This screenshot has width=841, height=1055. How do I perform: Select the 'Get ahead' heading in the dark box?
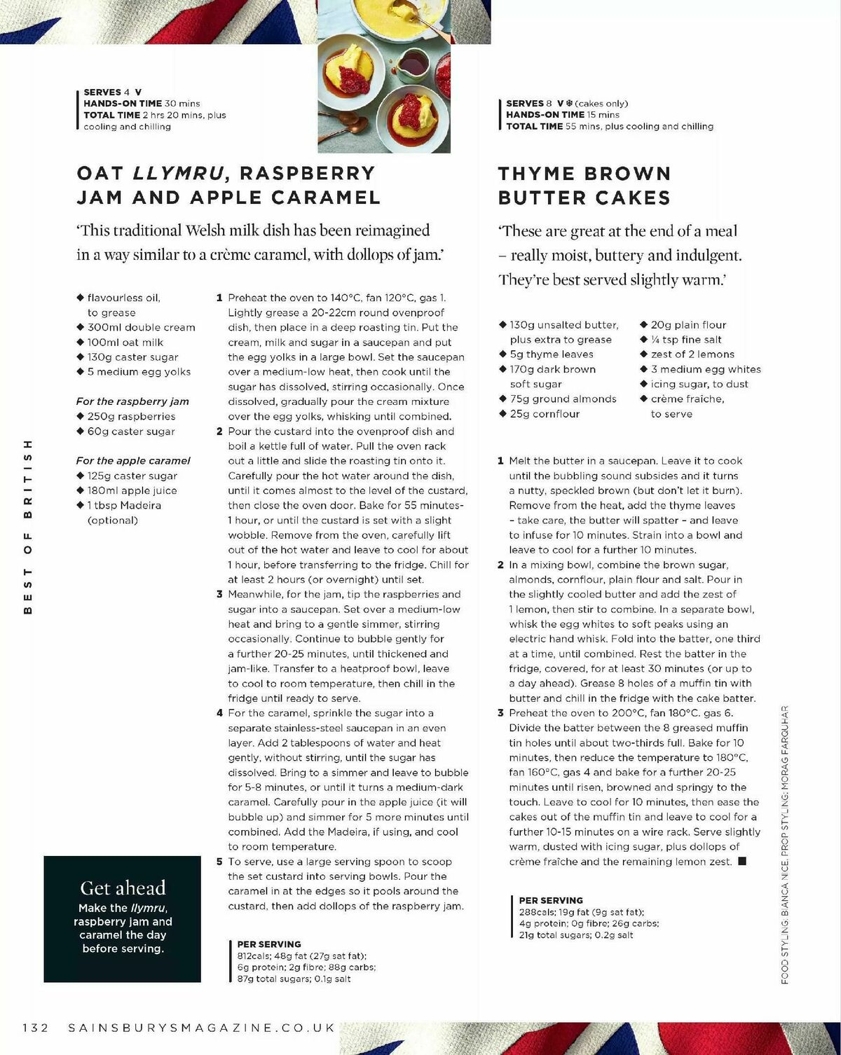[x=123, y=888]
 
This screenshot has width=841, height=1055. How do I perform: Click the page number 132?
[x=36, y=1028]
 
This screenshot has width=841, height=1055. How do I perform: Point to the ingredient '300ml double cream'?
[x=141, y=327]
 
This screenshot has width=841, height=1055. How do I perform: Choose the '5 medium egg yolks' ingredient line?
[x=139, y=372]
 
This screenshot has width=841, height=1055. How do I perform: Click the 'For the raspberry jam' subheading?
[x=132, y=401]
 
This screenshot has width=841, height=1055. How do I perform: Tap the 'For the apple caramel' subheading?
[x=133, y=460]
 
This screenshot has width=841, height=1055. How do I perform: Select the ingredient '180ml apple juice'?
[x=132, y=490]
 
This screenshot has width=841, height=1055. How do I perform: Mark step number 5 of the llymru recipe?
[x=219, y=862]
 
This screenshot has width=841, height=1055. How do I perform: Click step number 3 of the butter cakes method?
[x=500, y=713]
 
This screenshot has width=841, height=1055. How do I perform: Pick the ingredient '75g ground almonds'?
[x=563, y=399]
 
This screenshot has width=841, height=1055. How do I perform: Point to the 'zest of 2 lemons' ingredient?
[x=692, y=354]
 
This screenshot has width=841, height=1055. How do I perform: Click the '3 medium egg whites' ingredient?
[x=705, y=369]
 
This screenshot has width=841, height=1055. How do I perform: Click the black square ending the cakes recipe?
[x=742, y=861]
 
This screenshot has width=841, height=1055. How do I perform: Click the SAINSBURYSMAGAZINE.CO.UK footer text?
[x=202, y=1028]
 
